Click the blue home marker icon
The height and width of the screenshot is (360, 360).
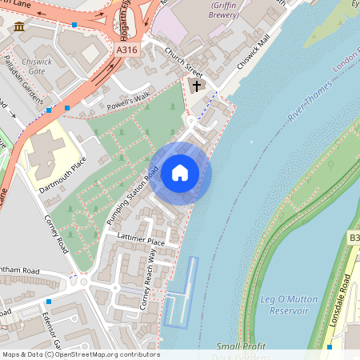point(180,173)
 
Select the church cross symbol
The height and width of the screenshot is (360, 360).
point(197,85)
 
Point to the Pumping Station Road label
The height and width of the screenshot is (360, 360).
point(130,194)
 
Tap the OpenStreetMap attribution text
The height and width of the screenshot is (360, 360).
point(82,354)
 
